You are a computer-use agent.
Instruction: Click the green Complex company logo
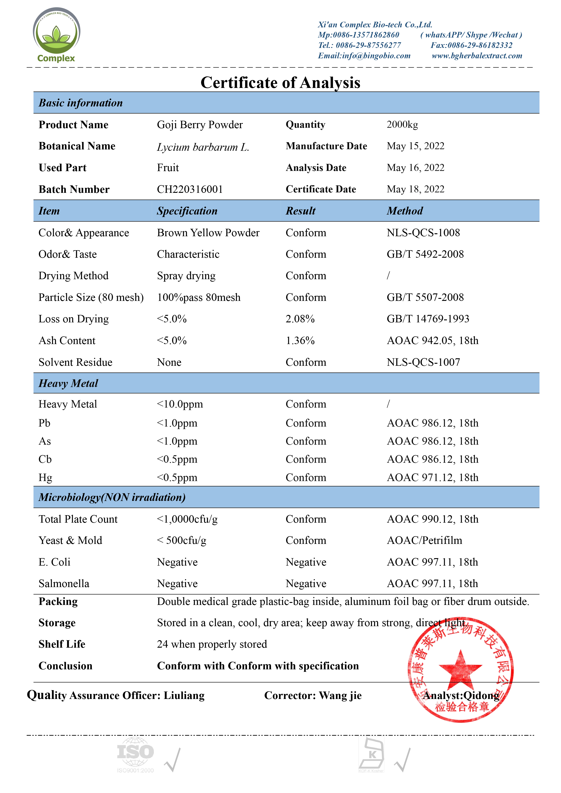[56, 35]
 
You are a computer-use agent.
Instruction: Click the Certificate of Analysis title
[280, 83]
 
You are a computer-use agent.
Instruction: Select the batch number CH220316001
[190, 189]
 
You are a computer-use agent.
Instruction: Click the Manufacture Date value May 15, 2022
[416, 146]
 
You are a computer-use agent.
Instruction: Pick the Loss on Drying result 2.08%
[300, 319]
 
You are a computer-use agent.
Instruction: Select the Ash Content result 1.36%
[300, 340]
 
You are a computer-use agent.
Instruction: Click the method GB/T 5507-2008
[425, 297]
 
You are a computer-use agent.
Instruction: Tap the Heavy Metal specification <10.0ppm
[180, 404]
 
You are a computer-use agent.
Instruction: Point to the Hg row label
[45, 477]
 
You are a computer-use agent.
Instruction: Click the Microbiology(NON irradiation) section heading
[112, 497]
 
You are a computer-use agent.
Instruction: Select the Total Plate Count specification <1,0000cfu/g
[187, 519]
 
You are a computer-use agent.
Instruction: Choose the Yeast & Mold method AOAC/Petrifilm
[424, 540]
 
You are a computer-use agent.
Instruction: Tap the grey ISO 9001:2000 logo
[135, 755]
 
